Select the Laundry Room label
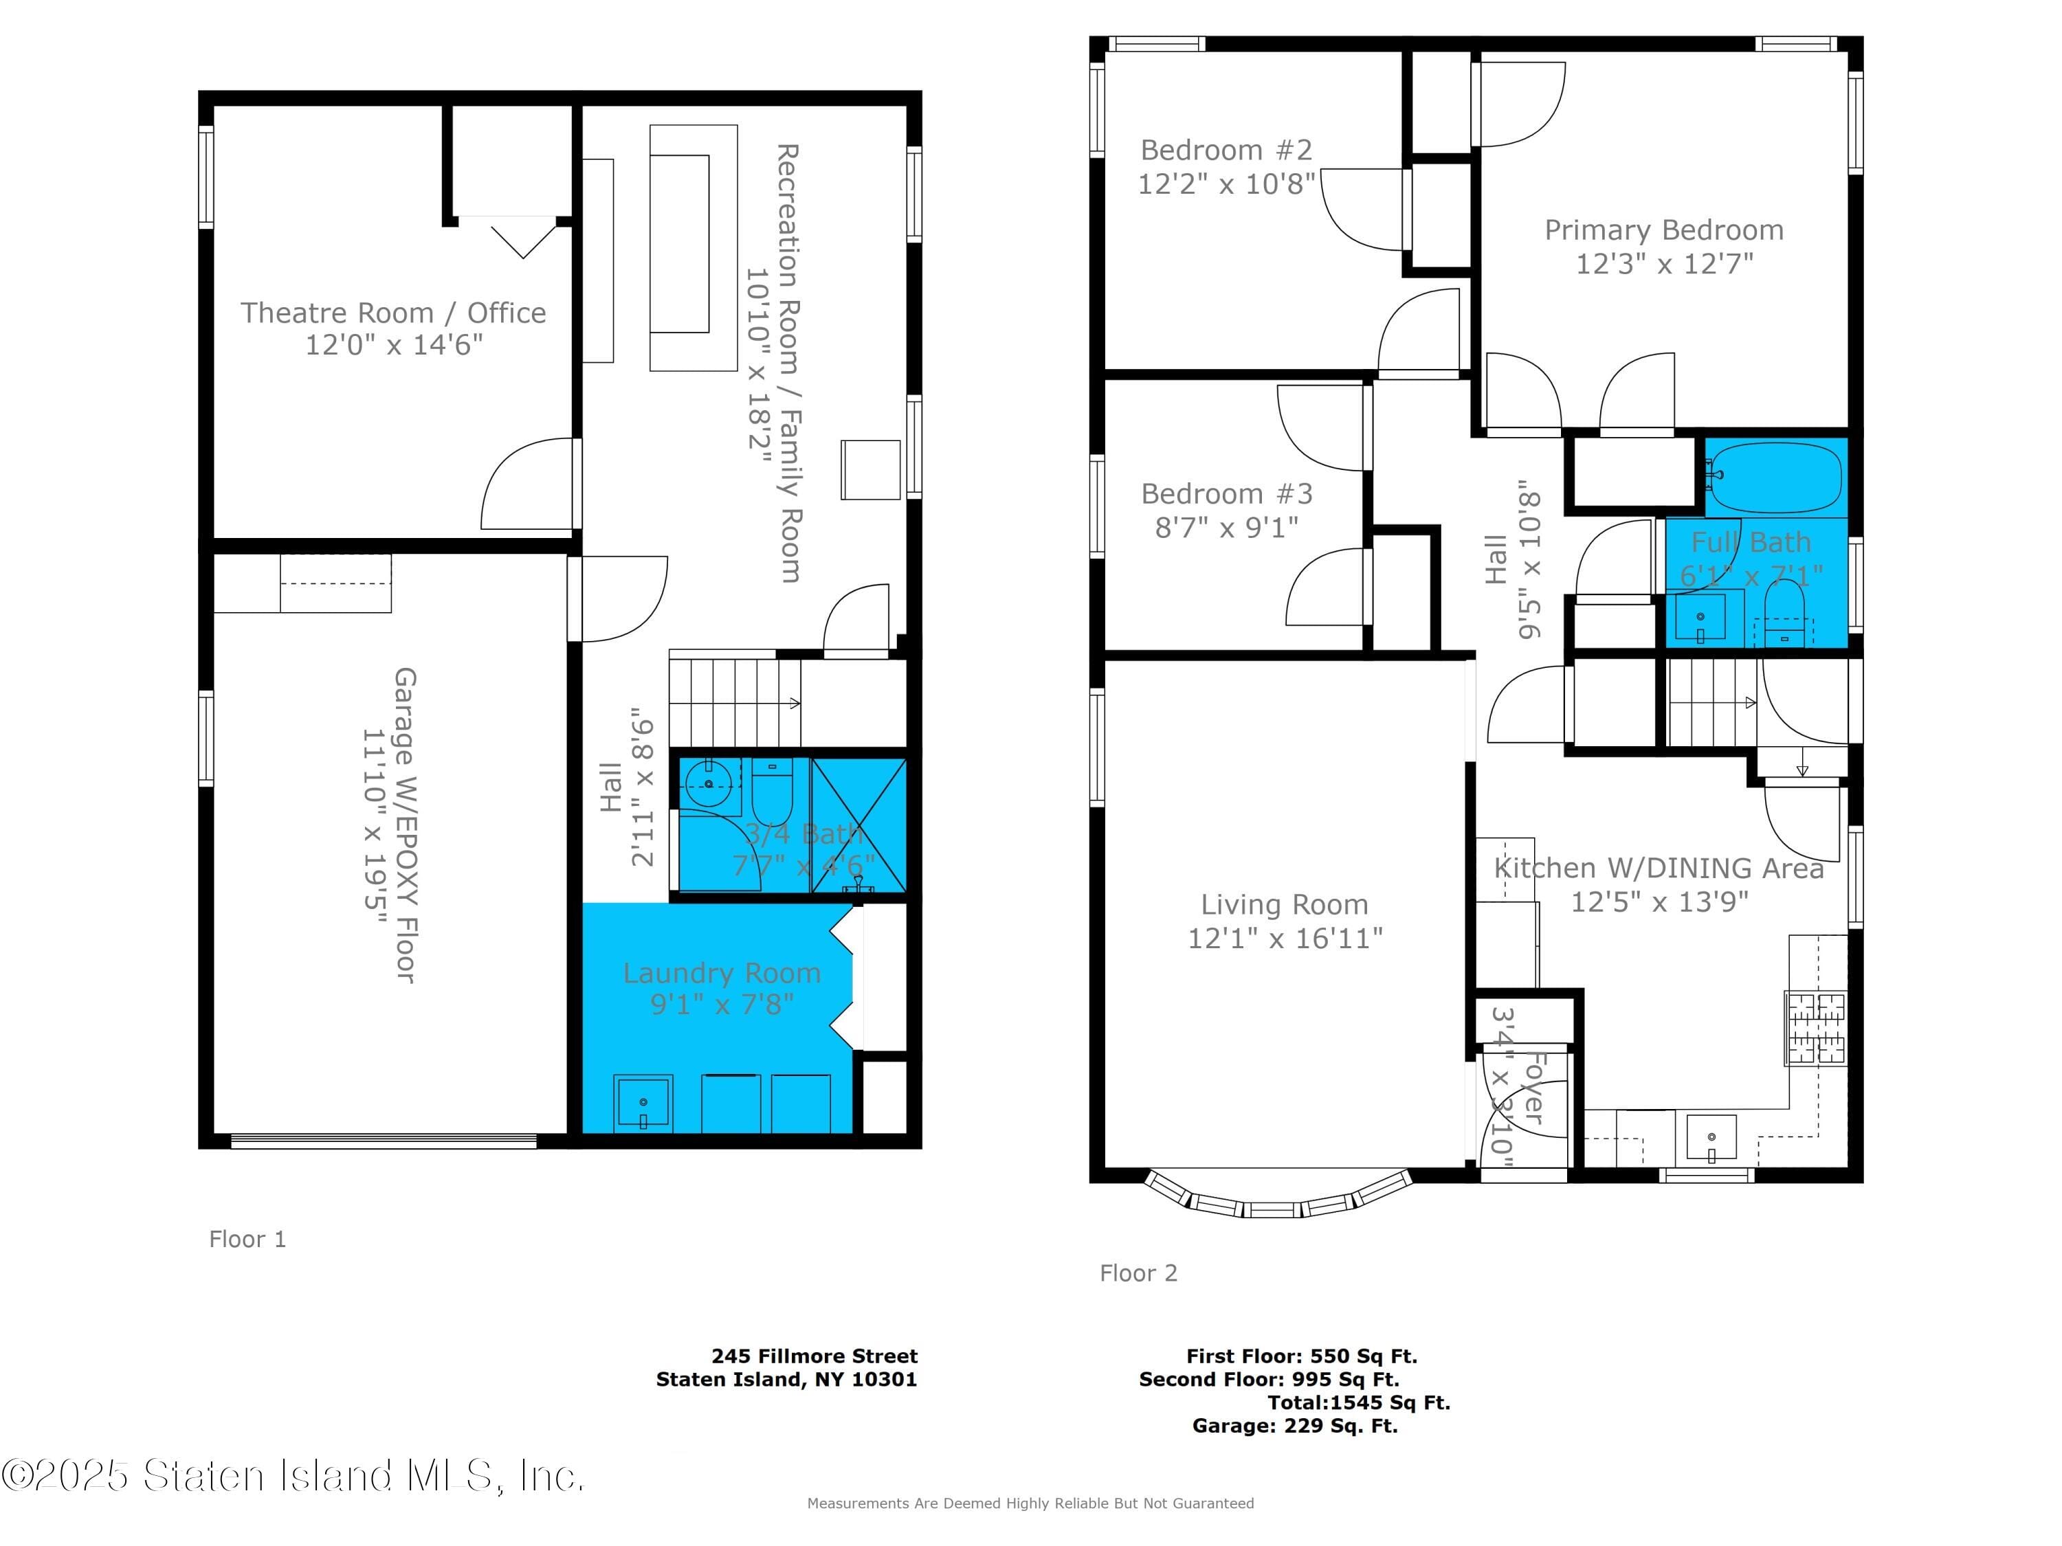pos(722,973)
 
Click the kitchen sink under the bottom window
pos(1711,1139)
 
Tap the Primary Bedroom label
pos(1664,229)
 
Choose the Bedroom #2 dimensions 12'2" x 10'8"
pos(1226,183)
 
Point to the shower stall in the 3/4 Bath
pos(858,826)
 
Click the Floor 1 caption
pos(247,1238)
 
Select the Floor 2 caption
pos(1138,1273)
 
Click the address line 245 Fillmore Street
pos(814,1356)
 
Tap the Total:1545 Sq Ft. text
pos(1358,1402)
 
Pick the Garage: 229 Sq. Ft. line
pos(1295,1426)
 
